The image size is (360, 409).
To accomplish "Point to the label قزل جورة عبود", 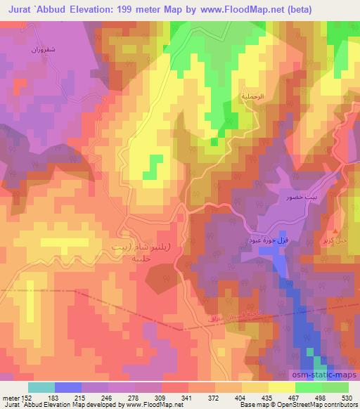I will click(x=268, y=240).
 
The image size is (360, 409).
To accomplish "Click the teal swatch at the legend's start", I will click(x=41, y=387).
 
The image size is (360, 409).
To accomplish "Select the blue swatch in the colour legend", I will click(x=67, y=387).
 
